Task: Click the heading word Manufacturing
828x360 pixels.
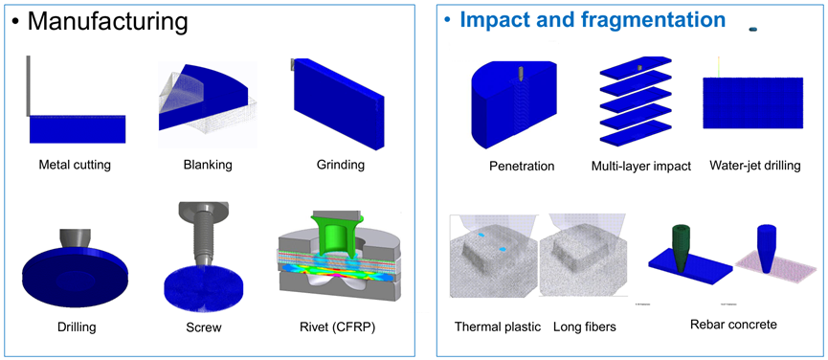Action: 106,20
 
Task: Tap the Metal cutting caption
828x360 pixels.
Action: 75,165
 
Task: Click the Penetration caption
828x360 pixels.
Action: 522,166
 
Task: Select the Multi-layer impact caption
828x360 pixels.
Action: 641,166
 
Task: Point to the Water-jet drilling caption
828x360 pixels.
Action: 754,166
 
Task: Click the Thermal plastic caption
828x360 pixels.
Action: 496,327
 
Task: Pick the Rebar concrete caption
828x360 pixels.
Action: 733,325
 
